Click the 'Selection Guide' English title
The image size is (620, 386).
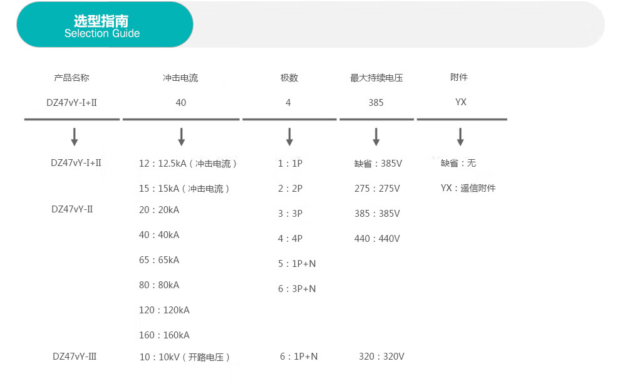pyautogui.click(x=102, y=33)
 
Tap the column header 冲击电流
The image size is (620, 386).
pyautogui.click(x=180, y=78)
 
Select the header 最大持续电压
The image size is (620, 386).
pyautogui.click(x=376, y=78)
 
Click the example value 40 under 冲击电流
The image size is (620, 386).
pyautogui.click(x=181, y=103)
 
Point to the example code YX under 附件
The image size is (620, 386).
pyautogui.click(x=461, y=102)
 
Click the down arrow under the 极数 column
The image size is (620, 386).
pyautogui.click(x=289, y=137)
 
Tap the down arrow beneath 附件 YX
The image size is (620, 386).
pyautogui.click(x=460, y=137)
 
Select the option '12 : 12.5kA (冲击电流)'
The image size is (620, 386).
pyautogui.click(x=188, y=164)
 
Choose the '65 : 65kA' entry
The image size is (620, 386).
pyautogui.click(x=159, y=260)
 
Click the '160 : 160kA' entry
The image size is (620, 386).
pyautogui.click(x=164, y=335)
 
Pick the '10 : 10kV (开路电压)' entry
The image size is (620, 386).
pyautogui.click(x=185, y=357)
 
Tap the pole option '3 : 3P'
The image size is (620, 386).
pyautogui.click(x=290, y=214)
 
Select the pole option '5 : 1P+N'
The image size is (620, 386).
pyautogui.click(x=297, y=264)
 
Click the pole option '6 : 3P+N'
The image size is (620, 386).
pyautogui.click(x=297, y=289)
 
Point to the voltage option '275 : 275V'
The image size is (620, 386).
pyautogui.click(x=377, y=189)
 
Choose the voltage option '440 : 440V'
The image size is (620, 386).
pyautogui.click(x=377, y=239)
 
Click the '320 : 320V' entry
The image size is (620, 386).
pyautogui.click(x=381, y=357)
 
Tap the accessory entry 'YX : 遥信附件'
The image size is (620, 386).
pyautogui.click(x=468, y=188)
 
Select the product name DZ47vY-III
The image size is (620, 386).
pyautogui.click(x=75, y=357)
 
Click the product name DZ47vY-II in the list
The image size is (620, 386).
pyautogui.click(x=72, y=209)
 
